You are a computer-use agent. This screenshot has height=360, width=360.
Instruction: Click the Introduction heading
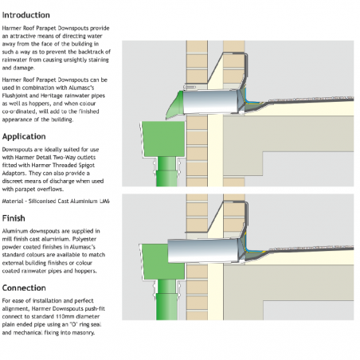26,15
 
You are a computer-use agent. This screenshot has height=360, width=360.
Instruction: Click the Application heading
24,137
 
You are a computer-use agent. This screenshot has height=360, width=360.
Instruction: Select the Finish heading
14,218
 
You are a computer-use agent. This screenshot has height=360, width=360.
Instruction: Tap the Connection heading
24,288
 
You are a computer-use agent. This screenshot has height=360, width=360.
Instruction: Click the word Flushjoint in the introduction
14,96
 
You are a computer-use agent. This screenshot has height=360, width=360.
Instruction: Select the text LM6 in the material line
104,202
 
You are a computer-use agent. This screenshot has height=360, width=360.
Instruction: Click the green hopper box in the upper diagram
163,139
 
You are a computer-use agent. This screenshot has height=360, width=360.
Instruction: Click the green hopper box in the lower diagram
162,261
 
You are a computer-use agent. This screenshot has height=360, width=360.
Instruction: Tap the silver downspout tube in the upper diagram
211,102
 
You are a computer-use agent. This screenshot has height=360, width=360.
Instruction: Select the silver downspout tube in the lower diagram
203,251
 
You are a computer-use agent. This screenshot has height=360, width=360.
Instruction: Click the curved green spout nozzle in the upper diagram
175,105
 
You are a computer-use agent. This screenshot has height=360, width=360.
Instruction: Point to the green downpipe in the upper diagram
166,171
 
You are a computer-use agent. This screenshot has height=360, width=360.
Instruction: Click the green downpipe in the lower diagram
166,299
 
